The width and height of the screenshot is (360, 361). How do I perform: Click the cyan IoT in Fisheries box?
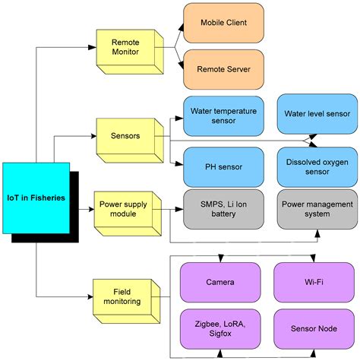pyautogui.click(x=36, y=197)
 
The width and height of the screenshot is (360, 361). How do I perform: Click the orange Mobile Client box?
pyautogui.click(x=223, y=24)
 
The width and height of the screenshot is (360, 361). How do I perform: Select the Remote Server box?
pyautogui.click(x=223, y=69)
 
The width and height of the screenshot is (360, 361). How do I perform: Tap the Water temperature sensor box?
pyautogui.click(x=223, y=115)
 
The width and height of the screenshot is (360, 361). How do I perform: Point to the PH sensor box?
pyautogui.click(x=223, y=166)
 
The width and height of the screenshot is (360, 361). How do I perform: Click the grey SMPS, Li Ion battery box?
pyautogui.click(x=223, y=209)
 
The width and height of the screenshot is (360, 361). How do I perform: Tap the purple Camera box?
pyautogui.click(x=219, y=282)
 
